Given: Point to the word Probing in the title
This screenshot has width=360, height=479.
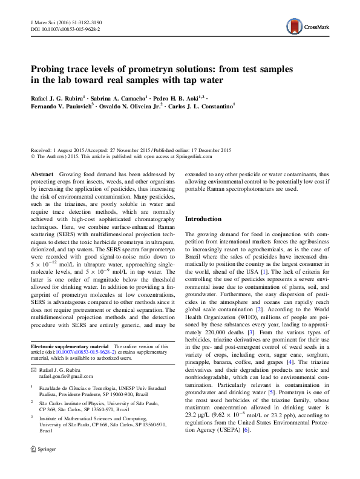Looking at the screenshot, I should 49,70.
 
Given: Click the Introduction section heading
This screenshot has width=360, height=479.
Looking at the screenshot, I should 203,219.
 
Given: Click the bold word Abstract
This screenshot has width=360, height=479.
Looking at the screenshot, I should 41,174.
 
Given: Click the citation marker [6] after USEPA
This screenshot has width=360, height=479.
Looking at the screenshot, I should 246,447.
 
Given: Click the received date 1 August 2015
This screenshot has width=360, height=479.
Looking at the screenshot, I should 72,150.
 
